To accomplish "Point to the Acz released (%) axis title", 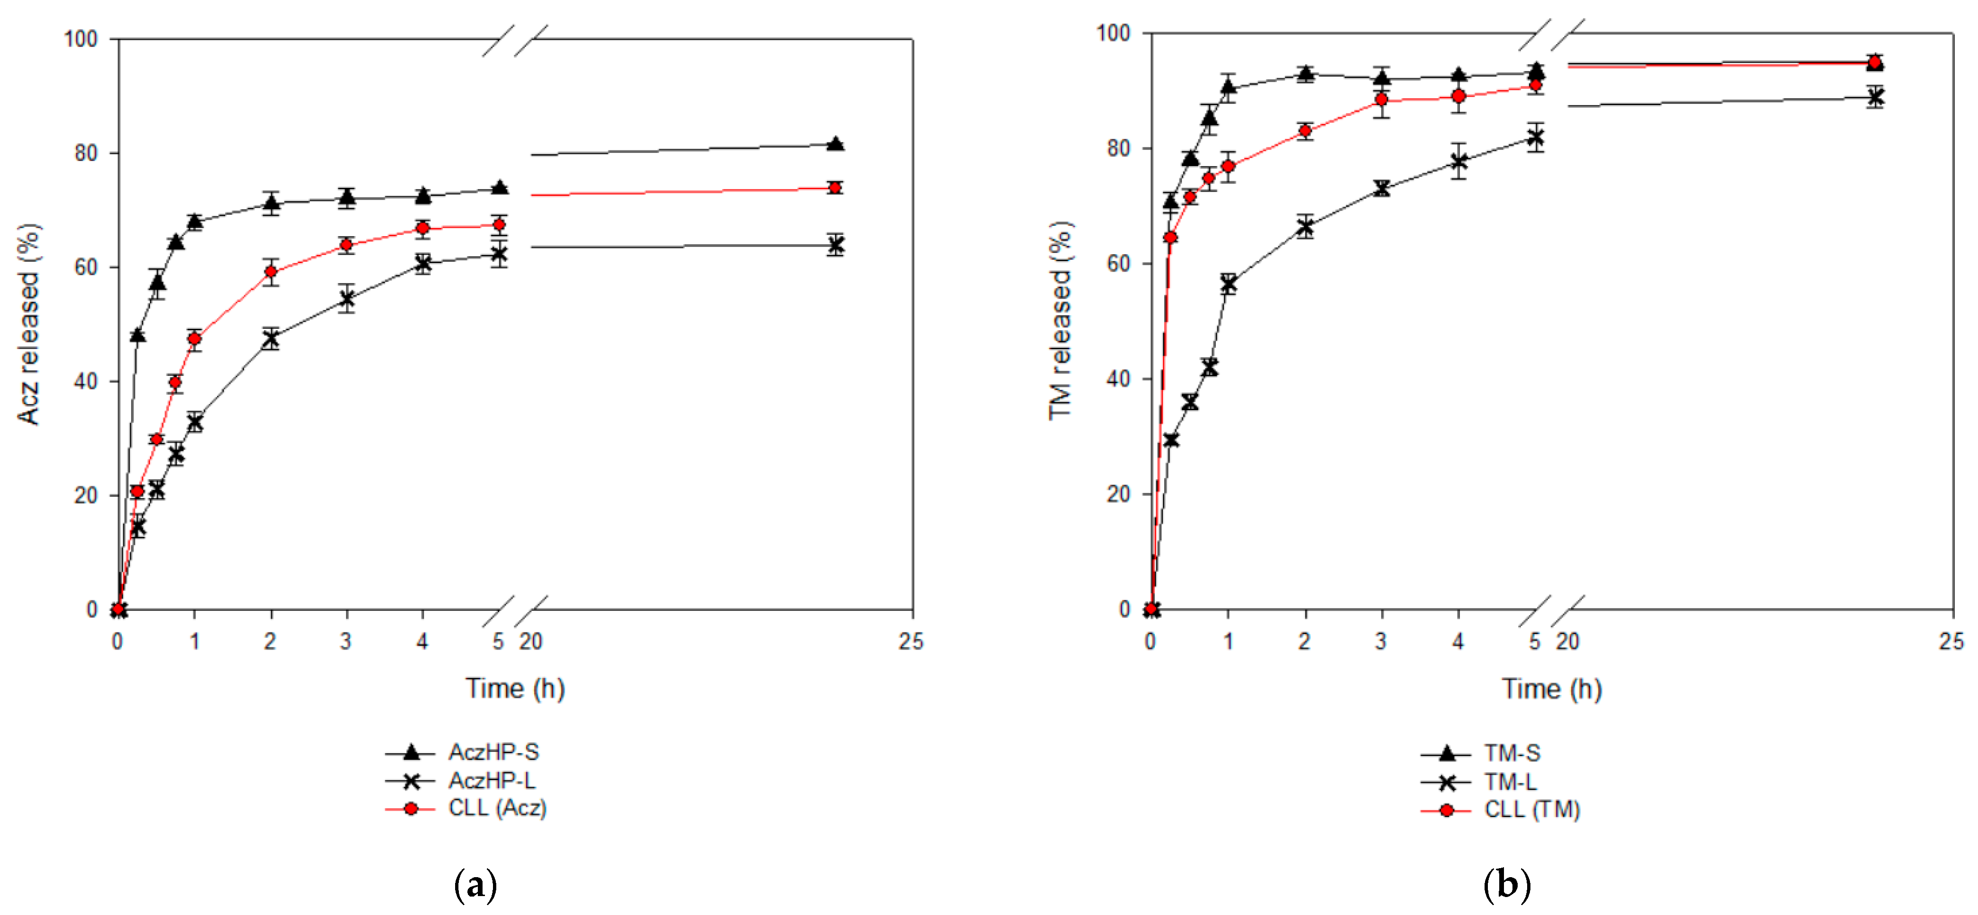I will pos(28,324).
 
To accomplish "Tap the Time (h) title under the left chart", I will pos(514,688).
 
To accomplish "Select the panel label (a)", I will pos(475,885).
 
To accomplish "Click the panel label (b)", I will pos(1506,885).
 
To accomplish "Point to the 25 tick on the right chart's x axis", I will pos(1951,641).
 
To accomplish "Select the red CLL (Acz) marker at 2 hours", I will pos(270,272).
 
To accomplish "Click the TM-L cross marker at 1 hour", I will pos(1228,284).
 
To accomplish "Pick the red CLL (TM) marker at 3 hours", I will pos(1381,100).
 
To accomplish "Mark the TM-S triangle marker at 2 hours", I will pos(1305,74).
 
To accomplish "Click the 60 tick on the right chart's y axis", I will pos(1117,264).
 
